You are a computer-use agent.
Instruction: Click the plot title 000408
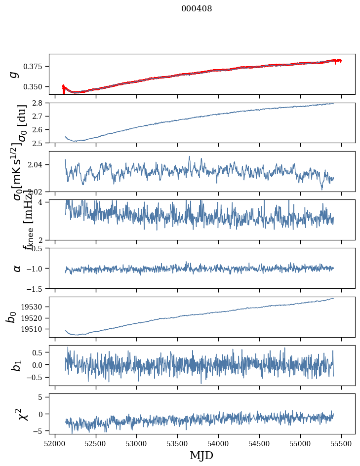(197, 9)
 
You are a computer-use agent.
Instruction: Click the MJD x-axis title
(201, 455)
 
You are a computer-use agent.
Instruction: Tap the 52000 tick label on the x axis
(55, 443)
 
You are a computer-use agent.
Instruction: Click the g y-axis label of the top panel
(14, 74)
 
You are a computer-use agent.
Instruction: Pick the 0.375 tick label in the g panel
(36, 66)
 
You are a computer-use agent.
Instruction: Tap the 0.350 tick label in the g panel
(36, 87)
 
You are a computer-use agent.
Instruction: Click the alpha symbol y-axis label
(17, 268)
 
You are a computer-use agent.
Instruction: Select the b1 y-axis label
(17, 365)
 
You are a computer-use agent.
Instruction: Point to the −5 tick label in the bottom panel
(40, 431)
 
